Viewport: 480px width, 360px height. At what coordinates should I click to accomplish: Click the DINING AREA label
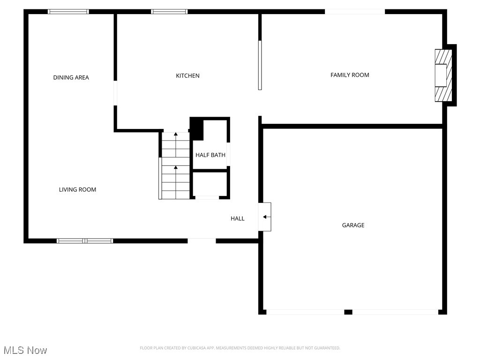71,77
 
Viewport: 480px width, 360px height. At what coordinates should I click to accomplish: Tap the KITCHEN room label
187,75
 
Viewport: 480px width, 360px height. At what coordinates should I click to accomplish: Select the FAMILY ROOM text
350,75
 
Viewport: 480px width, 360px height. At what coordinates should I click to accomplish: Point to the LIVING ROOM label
77,189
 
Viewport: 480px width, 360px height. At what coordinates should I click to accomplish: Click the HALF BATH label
210,155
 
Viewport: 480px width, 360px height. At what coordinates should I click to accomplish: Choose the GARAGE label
353,225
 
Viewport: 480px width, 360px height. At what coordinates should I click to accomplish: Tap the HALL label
237,218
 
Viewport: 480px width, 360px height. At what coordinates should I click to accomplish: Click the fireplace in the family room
442,75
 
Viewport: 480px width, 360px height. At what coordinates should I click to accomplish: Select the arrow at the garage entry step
266,217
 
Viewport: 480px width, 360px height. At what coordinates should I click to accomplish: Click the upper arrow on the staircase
176,135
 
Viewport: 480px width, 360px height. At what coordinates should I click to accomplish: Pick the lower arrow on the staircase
176,168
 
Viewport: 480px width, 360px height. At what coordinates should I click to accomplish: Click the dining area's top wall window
68,12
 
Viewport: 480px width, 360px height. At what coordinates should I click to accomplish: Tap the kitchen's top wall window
169,12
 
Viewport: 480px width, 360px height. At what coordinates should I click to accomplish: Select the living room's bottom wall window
85,241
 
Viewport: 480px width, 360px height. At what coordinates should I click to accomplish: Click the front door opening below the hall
202,241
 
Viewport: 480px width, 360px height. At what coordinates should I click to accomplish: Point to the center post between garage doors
348,312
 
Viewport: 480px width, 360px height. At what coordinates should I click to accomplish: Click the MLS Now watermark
25,350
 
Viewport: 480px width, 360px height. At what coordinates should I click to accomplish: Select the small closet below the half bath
210,184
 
